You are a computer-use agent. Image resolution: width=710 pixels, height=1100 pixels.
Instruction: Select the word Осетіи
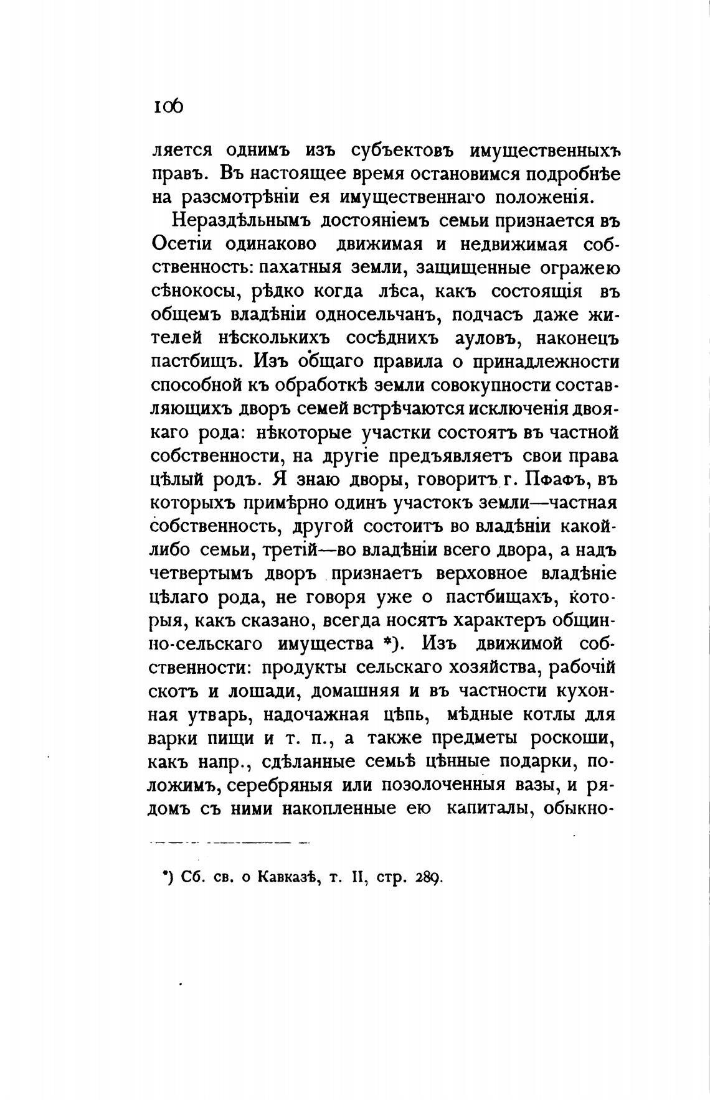(x=181, y=245)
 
